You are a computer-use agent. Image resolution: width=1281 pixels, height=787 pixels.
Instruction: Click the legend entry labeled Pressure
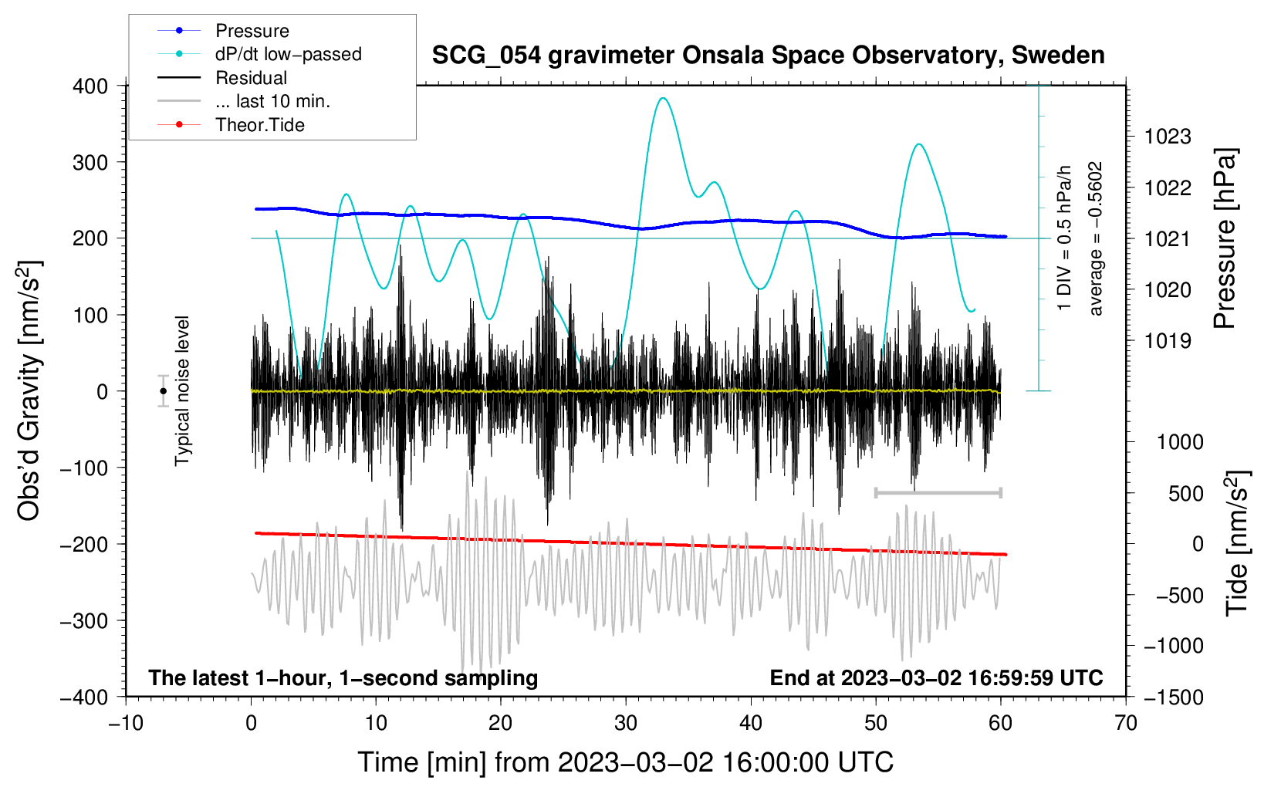click(x=252, y=31)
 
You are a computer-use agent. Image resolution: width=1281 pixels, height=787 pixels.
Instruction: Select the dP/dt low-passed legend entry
click(x=288, y=54)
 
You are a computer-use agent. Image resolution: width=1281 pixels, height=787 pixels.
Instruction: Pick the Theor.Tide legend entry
click(x=259, y=125)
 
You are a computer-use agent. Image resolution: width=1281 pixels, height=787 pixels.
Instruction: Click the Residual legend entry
click(x=251, y=78)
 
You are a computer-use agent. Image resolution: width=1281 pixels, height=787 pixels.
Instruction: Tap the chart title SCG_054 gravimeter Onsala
click(x=768, y=56)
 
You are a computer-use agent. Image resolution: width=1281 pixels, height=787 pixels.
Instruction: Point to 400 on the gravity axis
click(x=90, y=86)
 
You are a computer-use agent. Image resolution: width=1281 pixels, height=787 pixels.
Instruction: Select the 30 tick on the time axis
click(x=626, y=723)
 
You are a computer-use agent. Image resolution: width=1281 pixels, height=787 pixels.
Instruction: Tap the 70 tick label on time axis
click(x=1126, y=723)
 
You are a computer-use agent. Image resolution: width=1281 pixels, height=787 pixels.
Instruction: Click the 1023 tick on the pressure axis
click(x=1168, y=137)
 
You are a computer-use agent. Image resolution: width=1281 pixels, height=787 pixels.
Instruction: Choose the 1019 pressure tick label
click(x=1168, y=341)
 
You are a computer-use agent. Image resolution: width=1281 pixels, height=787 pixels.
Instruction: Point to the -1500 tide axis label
click(x=1173, y=697)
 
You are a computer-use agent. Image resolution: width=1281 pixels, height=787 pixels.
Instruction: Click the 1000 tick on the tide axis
click(x=1180, y=442)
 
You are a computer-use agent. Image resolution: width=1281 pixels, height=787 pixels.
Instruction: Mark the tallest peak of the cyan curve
click(x=663, y=98)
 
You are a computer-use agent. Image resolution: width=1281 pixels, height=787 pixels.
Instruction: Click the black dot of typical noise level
click(x=163, y=391)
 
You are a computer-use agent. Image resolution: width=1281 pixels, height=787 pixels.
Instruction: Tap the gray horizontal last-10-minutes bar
click(x=938, y=492)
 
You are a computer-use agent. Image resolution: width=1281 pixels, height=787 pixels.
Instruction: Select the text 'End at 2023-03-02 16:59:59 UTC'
click(x=936, y=678)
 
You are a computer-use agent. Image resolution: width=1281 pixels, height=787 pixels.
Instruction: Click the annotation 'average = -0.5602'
click(x=1096, y=238)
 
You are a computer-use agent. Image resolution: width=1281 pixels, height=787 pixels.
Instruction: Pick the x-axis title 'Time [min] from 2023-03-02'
click(x=626, y=762)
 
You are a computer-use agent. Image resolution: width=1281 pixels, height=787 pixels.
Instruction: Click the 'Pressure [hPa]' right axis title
click(x=1225, y=238)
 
